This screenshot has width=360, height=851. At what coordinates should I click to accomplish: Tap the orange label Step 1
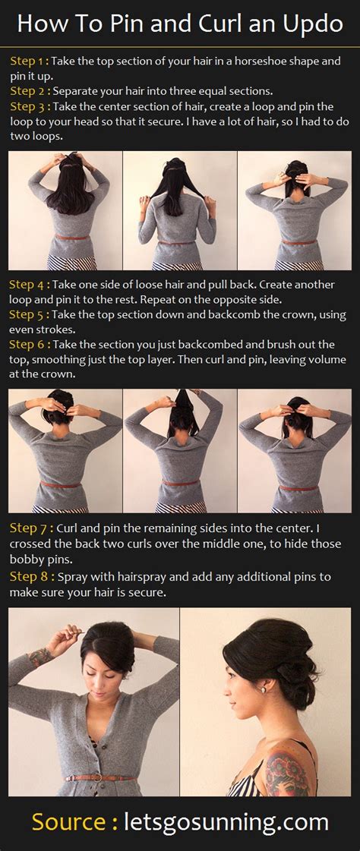30,61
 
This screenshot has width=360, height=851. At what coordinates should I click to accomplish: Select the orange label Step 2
30,90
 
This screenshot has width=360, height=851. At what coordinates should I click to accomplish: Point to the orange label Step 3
30,106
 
